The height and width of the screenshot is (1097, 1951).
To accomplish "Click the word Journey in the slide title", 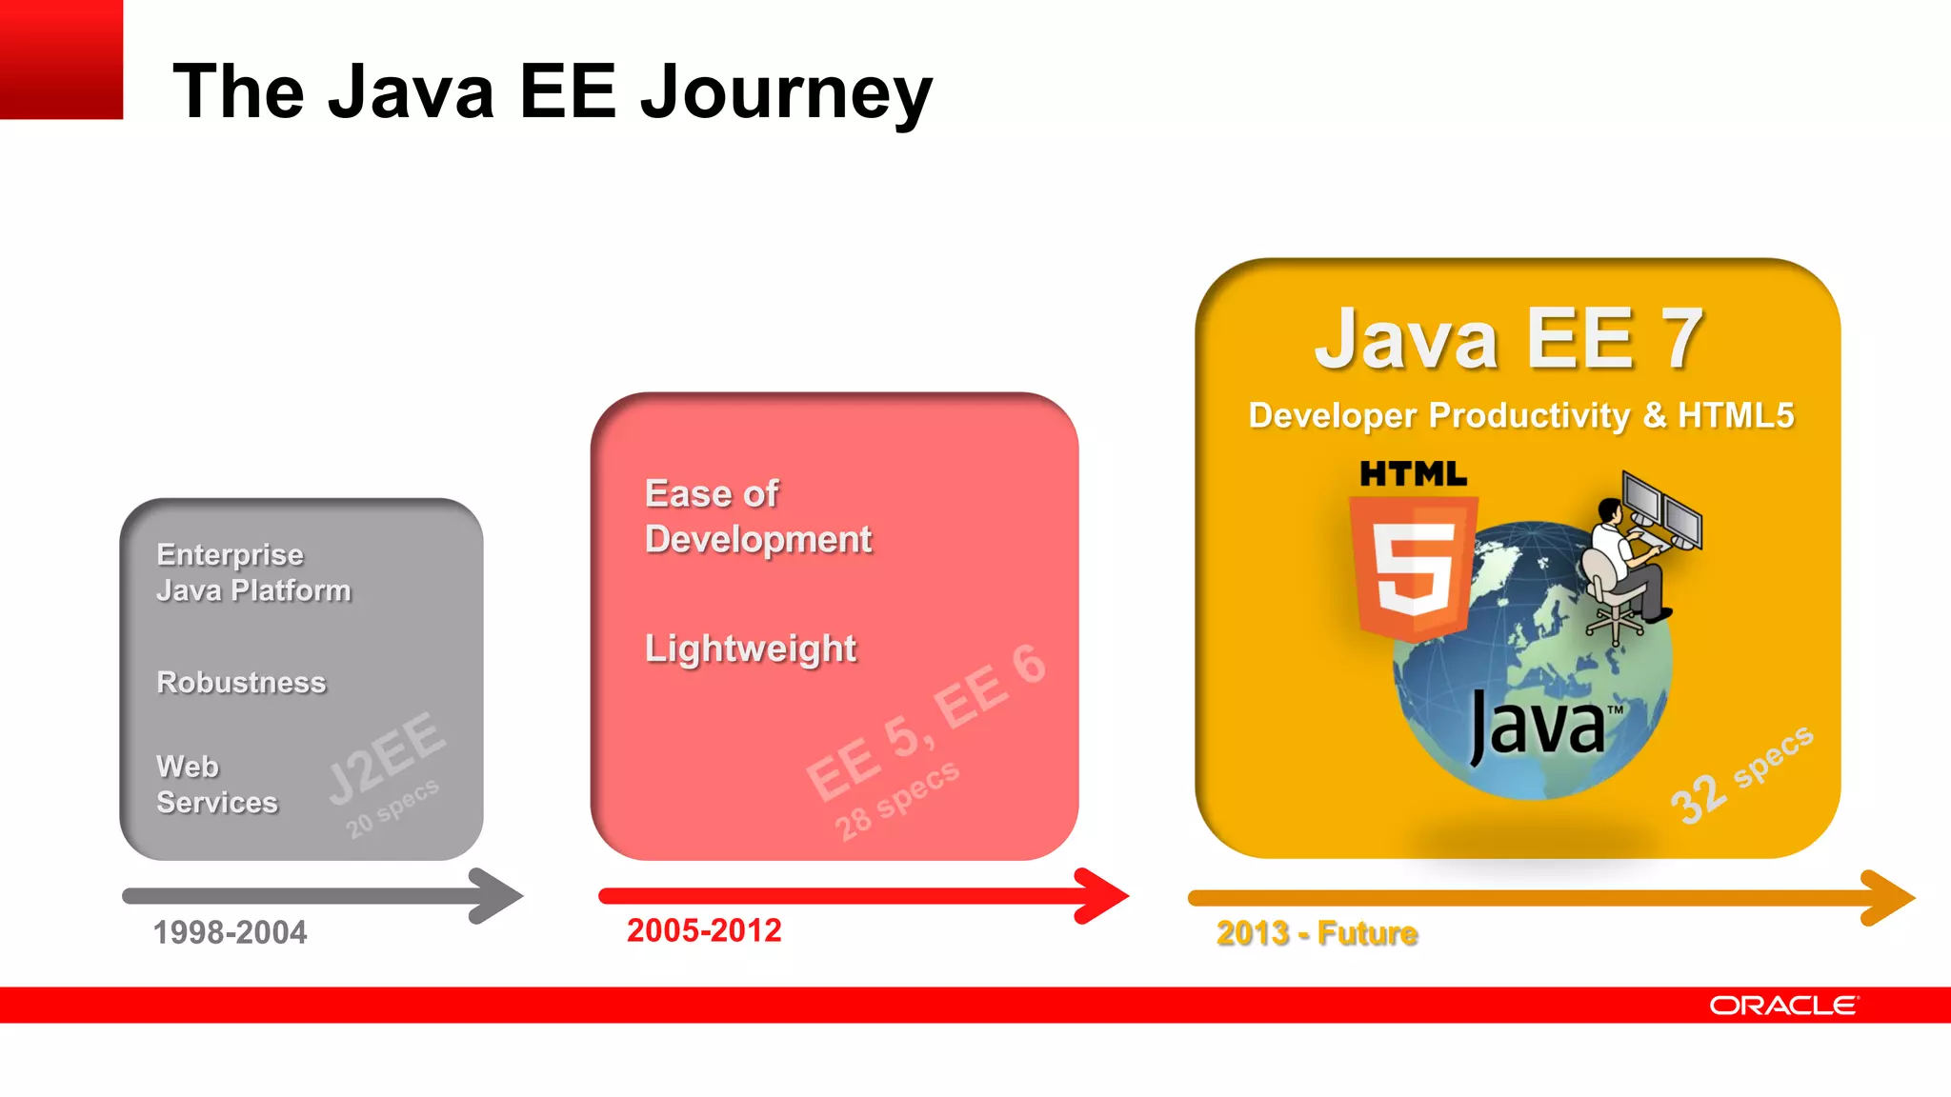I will pyautogui.click(x=785, y=92).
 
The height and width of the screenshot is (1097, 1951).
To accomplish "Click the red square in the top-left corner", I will pyautogui.click(x=61, y=59).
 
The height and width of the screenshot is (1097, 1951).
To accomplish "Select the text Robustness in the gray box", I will pyautogui.click(x=241, y=682).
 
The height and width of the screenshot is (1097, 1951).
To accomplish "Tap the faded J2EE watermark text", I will pyautogui.click(x=386, y=757).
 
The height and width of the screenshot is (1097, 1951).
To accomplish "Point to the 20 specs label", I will pyautogui.click(x=392, y=808).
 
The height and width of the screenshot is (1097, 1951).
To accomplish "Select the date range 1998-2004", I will pyautogui.click(x=230, y=932).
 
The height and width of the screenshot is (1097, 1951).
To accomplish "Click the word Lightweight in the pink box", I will pyautogui.click(x=751, y=648).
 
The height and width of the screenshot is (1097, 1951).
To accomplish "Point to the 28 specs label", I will pyautogui.click(x=896, y=800).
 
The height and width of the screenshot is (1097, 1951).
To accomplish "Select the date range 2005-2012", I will pyautogui.click(x=704, y=930).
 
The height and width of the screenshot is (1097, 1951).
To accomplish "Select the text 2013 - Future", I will pyautogui.click(x=1317, y=933).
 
